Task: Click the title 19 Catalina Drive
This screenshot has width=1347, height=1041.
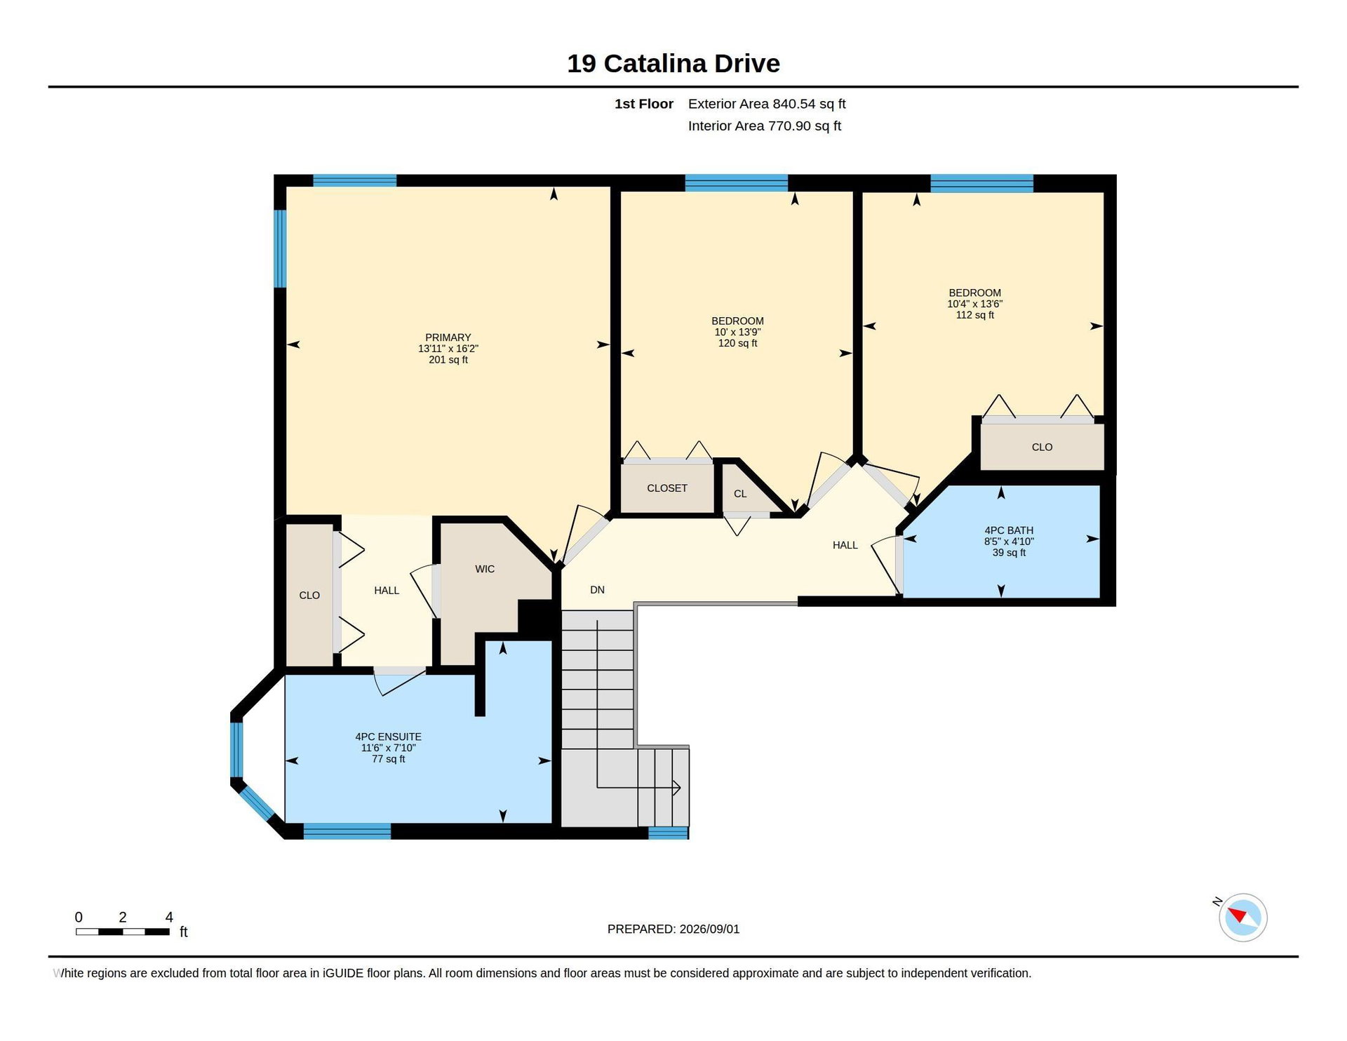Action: [673, 64]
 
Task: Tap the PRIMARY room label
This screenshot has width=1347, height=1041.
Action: [448, 337]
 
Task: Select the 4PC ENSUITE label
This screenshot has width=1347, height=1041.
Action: [388, 737]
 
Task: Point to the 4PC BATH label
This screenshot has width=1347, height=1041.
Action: [1009, 530]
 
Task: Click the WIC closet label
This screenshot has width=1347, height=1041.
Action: [485, 569]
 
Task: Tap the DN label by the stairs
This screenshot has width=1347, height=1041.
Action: [597, 590]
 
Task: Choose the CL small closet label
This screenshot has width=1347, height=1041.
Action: [740, 494]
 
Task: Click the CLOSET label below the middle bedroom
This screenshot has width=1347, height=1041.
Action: [666, 488]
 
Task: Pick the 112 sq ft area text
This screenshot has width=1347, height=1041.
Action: [974, 315]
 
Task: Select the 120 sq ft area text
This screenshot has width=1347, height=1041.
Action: [737, 343]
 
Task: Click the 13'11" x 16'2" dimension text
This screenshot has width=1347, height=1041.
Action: [448, 349]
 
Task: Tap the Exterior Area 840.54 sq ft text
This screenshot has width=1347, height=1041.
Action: [767, 104]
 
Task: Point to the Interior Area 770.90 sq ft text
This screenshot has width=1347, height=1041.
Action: [764, 126]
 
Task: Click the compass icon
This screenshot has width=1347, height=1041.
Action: [1242, 918]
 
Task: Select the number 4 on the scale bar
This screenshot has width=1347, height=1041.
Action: [169, 918]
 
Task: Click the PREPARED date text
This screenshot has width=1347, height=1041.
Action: [673, 929]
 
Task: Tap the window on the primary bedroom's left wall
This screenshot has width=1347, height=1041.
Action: [280, 248]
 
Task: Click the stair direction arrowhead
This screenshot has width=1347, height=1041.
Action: [676, 787]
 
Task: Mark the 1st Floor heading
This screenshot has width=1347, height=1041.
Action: [643, 104]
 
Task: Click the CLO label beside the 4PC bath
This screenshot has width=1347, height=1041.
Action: [1042, 447]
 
